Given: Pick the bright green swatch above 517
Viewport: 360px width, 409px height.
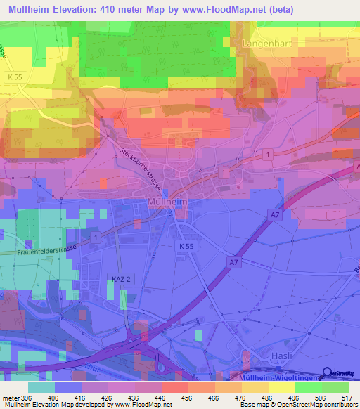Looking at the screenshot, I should point(335,387).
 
